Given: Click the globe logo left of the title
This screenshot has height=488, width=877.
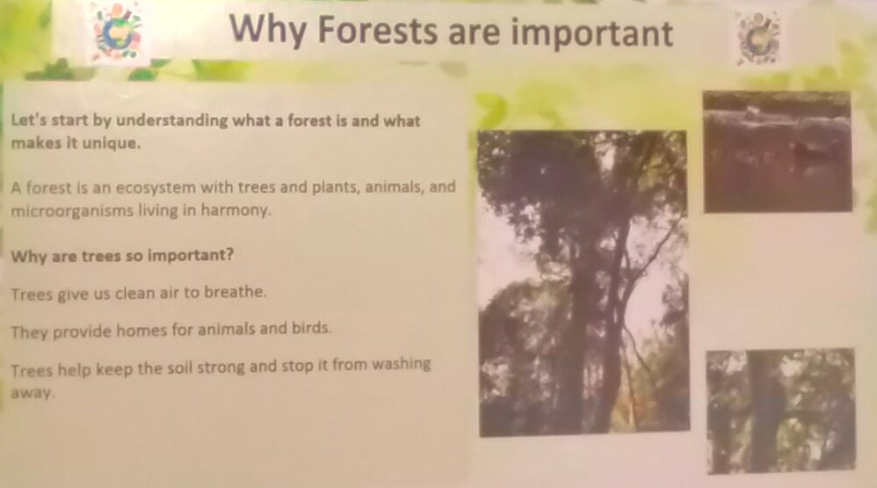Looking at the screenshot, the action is (117, 31).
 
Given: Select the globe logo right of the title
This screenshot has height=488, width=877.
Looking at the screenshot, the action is (758, 37).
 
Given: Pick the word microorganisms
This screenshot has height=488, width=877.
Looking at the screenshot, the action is (72, 211).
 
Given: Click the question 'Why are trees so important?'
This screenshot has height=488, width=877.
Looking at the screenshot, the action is (122, 256).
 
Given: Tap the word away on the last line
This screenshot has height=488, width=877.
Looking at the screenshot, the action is (33, 392).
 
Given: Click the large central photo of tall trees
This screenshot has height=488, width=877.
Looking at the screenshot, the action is (583, 283).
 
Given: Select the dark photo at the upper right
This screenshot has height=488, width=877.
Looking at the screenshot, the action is (778, 151).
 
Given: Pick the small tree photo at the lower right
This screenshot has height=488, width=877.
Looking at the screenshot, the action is (781, 411).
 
